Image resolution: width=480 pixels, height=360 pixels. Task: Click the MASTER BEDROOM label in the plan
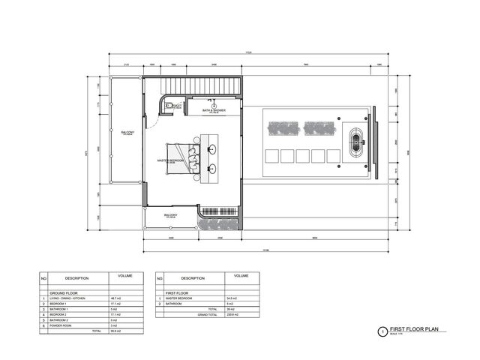tap(172, 160)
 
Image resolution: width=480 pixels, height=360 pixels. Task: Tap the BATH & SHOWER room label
tap(214, 110)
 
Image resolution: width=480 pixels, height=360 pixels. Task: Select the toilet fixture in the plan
tap(173, 106)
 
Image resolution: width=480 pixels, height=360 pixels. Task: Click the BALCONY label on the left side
tap(127, 133)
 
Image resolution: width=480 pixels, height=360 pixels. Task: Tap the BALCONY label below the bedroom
tap(171, 216)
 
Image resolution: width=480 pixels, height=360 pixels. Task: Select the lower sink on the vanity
tap(212, 169)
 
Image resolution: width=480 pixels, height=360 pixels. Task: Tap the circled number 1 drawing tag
tap(382, 331)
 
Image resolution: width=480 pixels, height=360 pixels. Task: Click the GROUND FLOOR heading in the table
tap(64, 292)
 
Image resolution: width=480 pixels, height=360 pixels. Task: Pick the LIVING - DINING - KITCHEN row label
tap(75, 298)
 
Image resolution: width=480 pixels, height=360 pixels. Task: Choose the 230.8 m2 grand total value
tap(241, 314)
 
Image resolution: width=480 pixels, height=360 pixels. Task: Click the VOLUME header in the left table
tap(125, 276)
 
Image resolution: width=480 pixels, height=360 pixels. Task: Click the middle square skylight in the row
tap(303, 156)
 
